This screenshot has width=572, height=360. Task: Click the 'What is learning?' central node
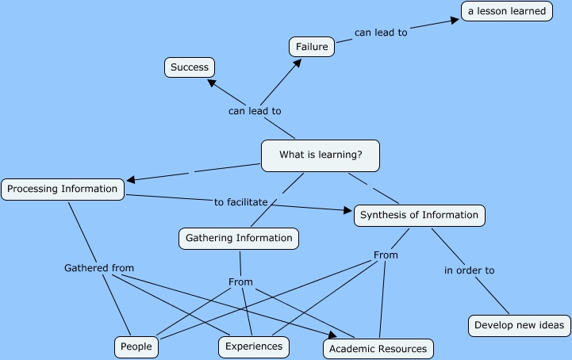pos(321,155)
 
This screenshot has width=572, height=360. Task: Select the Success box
pos(190,67)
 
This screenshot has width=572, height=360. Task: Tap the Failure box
pos(312,47)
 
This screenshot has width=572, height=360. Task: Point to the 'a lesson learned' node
pos(507,11)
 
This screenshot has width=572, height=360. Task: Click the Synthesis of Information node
pos(419,215)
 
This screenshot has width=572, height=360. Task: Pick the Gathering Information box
pos(239,237)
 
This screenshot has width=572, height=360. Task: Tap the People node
pos(136,347)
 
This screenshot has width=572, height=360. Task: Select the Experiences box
pos(254,347)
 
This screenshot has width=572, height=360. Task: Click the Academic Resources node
pos(378,348)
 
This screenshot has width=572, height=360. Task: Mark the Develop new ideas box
pos(518,325)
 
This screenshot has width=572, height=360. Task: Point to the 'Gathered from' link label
pos(99,268)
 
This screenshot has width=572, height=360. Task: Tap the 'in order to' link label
pos(469,270)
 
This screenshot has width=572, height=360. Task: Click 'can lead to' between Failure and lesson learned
pos(381,33)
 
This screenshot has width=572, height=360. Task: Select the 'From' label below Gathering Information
pos(240,281)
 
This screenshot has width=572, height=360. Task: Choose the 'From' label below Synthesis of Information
pos(386,255)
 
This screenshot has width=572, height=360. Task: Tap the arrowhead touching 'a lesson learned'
pos(455,20)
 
